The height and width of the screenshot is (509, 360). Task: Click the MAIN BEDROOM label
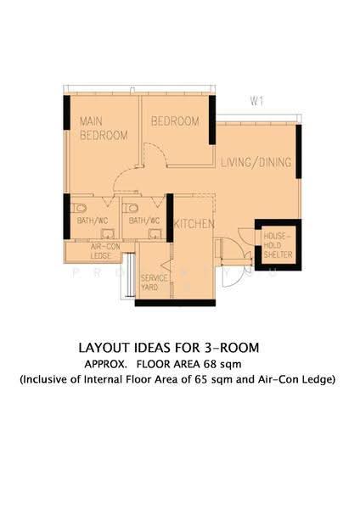coord(104,128)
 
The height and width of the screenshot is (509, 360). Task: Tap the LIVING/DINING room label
coord(256,162)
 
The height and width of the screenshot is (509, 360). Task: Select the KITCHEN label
coord(194,224)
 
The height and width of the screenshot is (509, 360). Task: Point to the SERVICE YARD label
coord(154,282)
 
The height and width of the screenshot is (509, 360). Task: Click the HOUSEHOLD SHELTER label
coord(278,245)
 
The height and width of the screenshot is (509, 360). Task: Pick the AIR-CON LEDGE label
coord(101,251)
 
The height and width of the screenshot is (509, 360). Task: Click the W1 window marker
coord(256,101)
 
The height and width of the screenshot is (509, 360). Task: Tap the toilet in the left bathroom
coord(79,208)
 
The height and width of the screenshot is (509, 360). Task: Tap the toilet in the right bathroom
coord(131,208)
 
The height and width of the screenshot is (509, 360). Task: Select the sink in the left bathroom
coord(108,234)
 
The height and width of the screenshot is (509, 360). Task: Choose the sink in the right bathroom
coord(155,234)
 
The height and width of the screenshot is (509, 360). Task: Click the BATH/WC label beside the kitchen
coord(144,221)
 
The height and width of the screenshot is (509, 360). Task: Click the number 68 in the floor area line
coord(210,364)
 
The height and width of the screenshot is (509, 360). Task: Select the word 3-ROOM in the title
coord(232,348)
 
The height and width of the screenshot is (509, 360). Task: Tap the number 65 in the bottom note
coord(201,379)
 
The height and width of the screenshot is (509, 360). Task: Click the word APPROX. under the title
coord(105,364)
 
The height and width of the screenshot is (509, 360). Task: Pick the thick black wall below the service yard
coord(175,303)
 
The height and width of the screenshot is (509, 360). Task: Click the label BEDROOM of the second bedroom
coord(175,121)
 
